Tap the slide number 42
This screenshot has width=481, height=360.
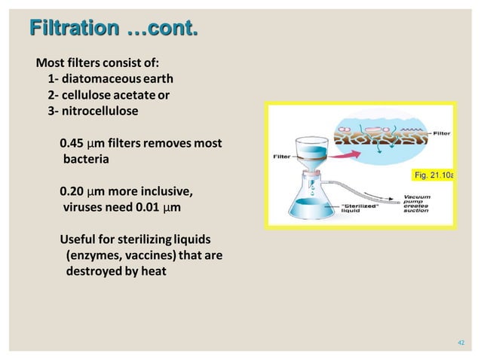point(463,343)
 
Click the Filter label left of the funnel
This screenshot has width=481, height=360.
point(283,157)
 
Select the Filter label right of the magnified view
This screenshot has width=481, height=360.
point(441,133)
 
